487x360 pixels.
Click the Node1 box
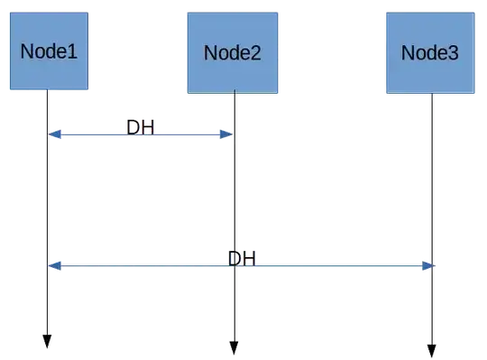49,51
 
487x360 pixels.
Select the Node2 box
232,51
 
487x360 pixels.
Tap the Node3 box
429,51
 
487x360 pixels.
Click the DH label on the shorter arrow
140,127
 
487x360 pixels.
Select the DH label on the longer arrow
242,259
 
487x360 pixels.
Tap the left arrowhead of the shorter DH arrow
53,134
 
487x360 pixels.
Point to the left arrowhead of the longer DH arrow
53,265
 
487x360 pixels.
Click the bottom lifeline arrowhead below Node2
233,346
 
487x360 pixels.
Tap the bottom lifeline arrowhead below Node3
432,347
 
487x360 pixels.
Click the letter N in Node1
28,51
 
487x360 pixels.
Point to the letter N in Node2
210,52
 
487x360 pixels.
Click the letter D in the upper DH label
133,127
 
